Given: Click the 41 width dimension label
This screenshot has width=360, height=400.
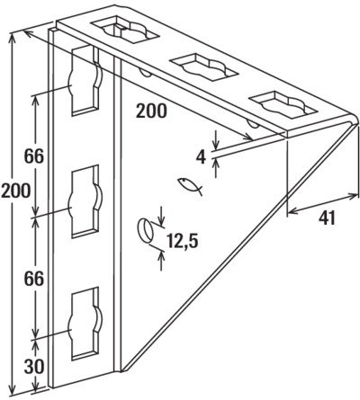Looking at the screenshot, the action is (x=327, y=218).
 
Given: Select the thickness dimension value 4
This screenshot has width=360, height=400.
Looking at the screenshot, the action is (x=201, y=157).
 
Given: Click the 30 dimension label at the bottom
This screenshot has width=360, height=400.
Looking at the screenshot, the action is (x=34, y=366).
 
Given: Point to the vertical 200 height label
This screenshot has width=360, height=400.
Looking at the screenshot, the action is (x=15, y=191).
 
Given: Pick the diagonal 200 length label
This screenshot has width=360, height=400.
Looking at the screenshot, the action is (x=151, y=111).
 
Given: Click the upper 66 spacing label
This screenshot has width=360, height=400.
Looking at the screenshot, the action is (x=34, y=156).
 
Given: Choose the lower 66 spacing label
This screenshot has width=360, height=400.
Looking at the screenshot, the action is (x=34, y=280).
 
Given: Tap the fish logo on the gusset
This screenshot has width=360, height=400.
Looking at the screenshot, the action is (x=190, y=186).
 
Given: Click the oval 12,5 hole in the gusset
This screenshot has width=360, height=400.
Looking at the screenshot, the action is (x=145, y=231).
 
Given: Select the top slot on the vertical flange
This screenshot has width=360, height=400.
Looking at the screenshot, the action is (x=85, y=80).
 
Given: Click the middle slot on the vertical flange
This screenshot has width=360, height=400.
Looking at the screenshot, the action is (x=85, y=201).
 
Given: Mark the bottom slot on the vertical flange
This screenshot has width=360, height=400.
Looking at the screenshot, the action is (x=85, y=324).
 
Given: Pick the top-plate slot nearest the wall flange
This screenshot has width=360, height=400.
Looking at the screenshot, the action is (x=125, y=28).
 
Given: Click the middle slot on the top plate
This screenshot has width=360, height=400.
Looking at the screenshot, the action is (x=204, y=67).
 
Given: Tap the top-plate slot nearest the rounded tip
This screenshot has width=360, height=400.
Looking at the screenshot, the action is (x=283, y=106).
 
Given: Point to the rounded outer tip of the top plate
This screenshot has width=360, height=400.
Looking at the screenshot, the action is (x=356, y=118).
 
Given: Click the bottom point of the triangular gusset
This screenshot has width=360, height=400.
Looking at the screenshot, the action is (x=123, y=370).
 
